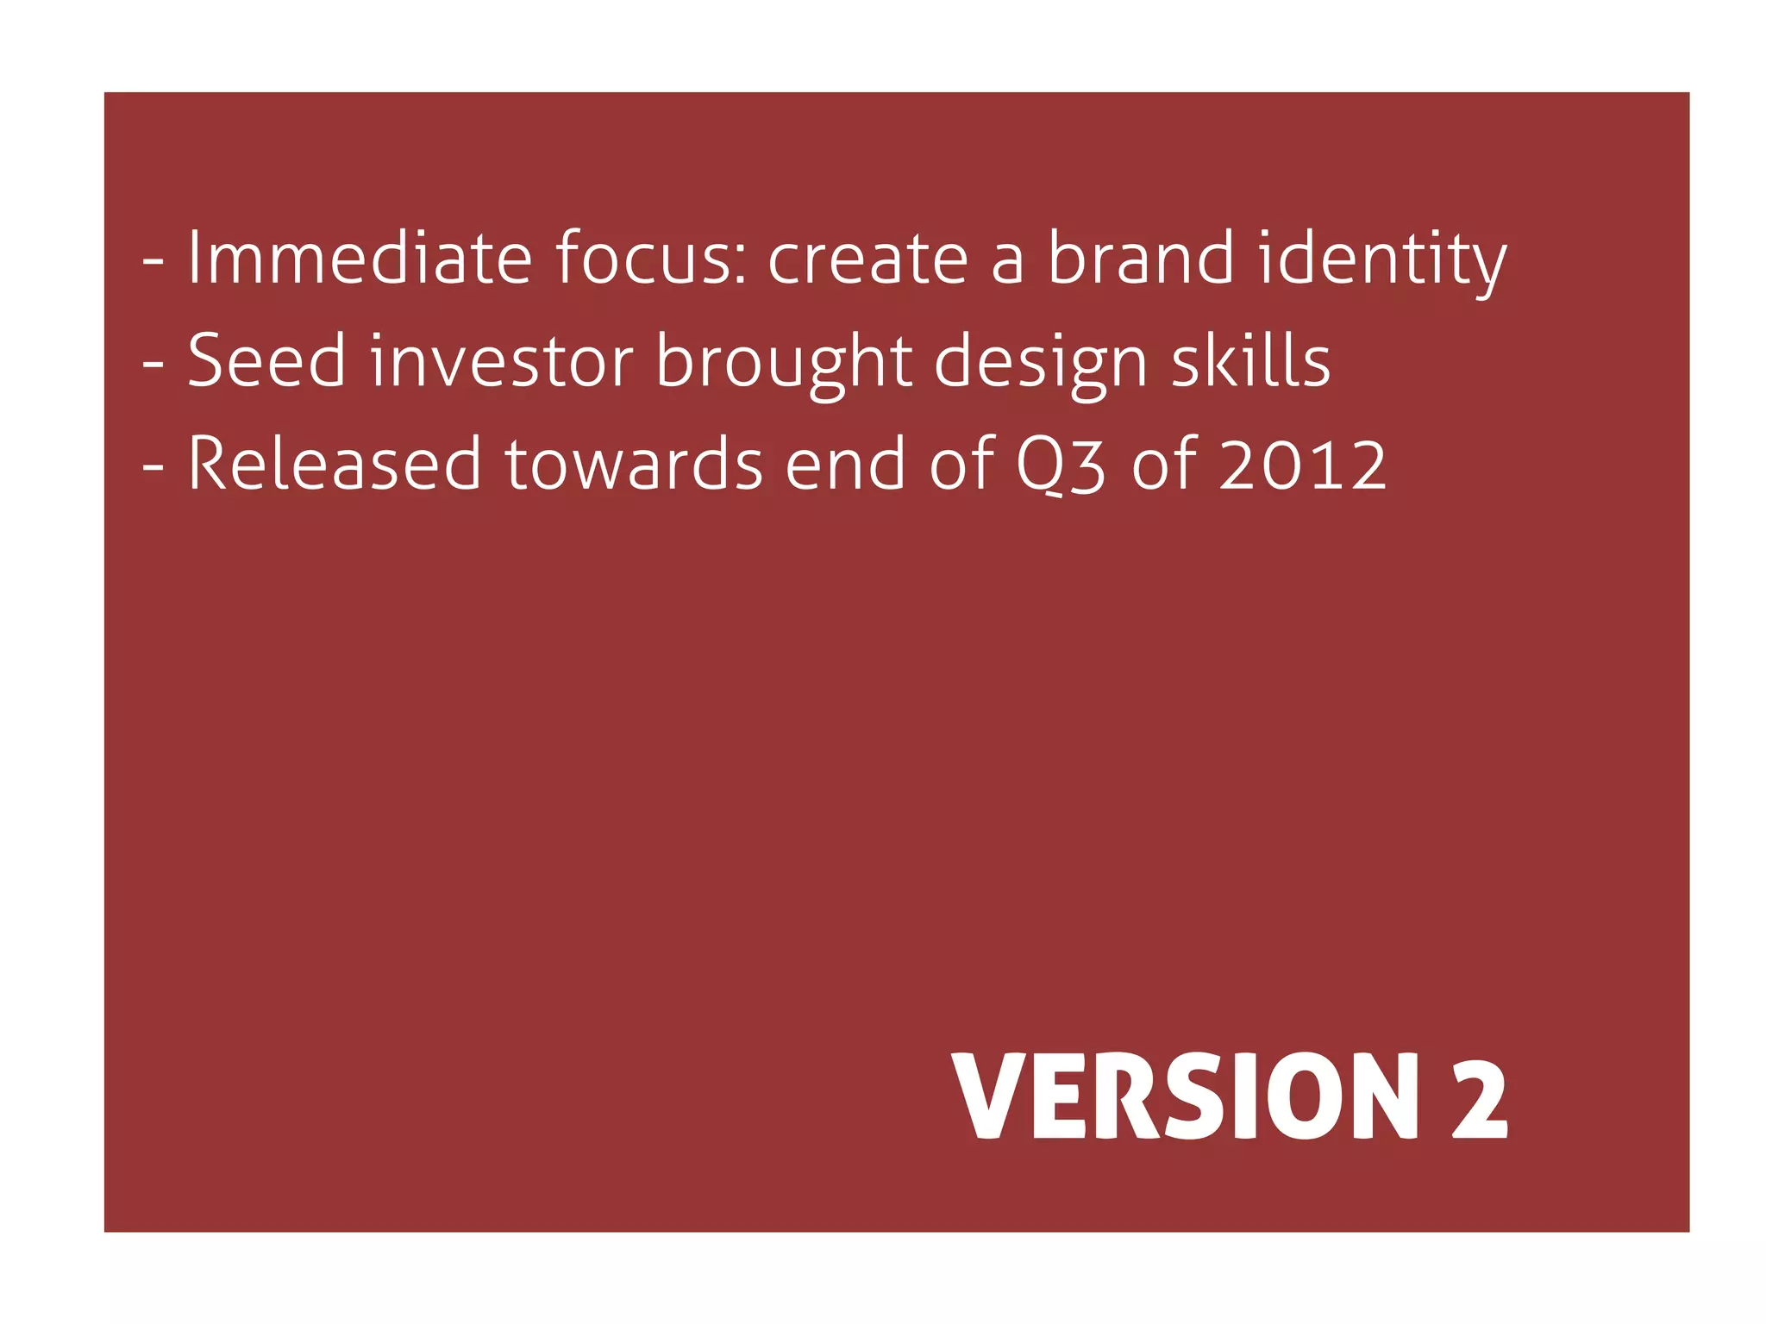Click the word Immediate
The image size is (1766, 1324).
(x=360, y=258)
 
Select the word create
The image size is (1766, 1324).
(x=867, y=258)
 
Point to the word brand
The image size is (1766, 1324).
(x=1141, y=258)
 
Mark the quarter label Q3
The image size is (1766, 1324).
(x=1060, y=465)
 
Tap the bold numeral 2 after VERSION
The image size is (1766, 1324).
(x=1480, y=1097)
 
